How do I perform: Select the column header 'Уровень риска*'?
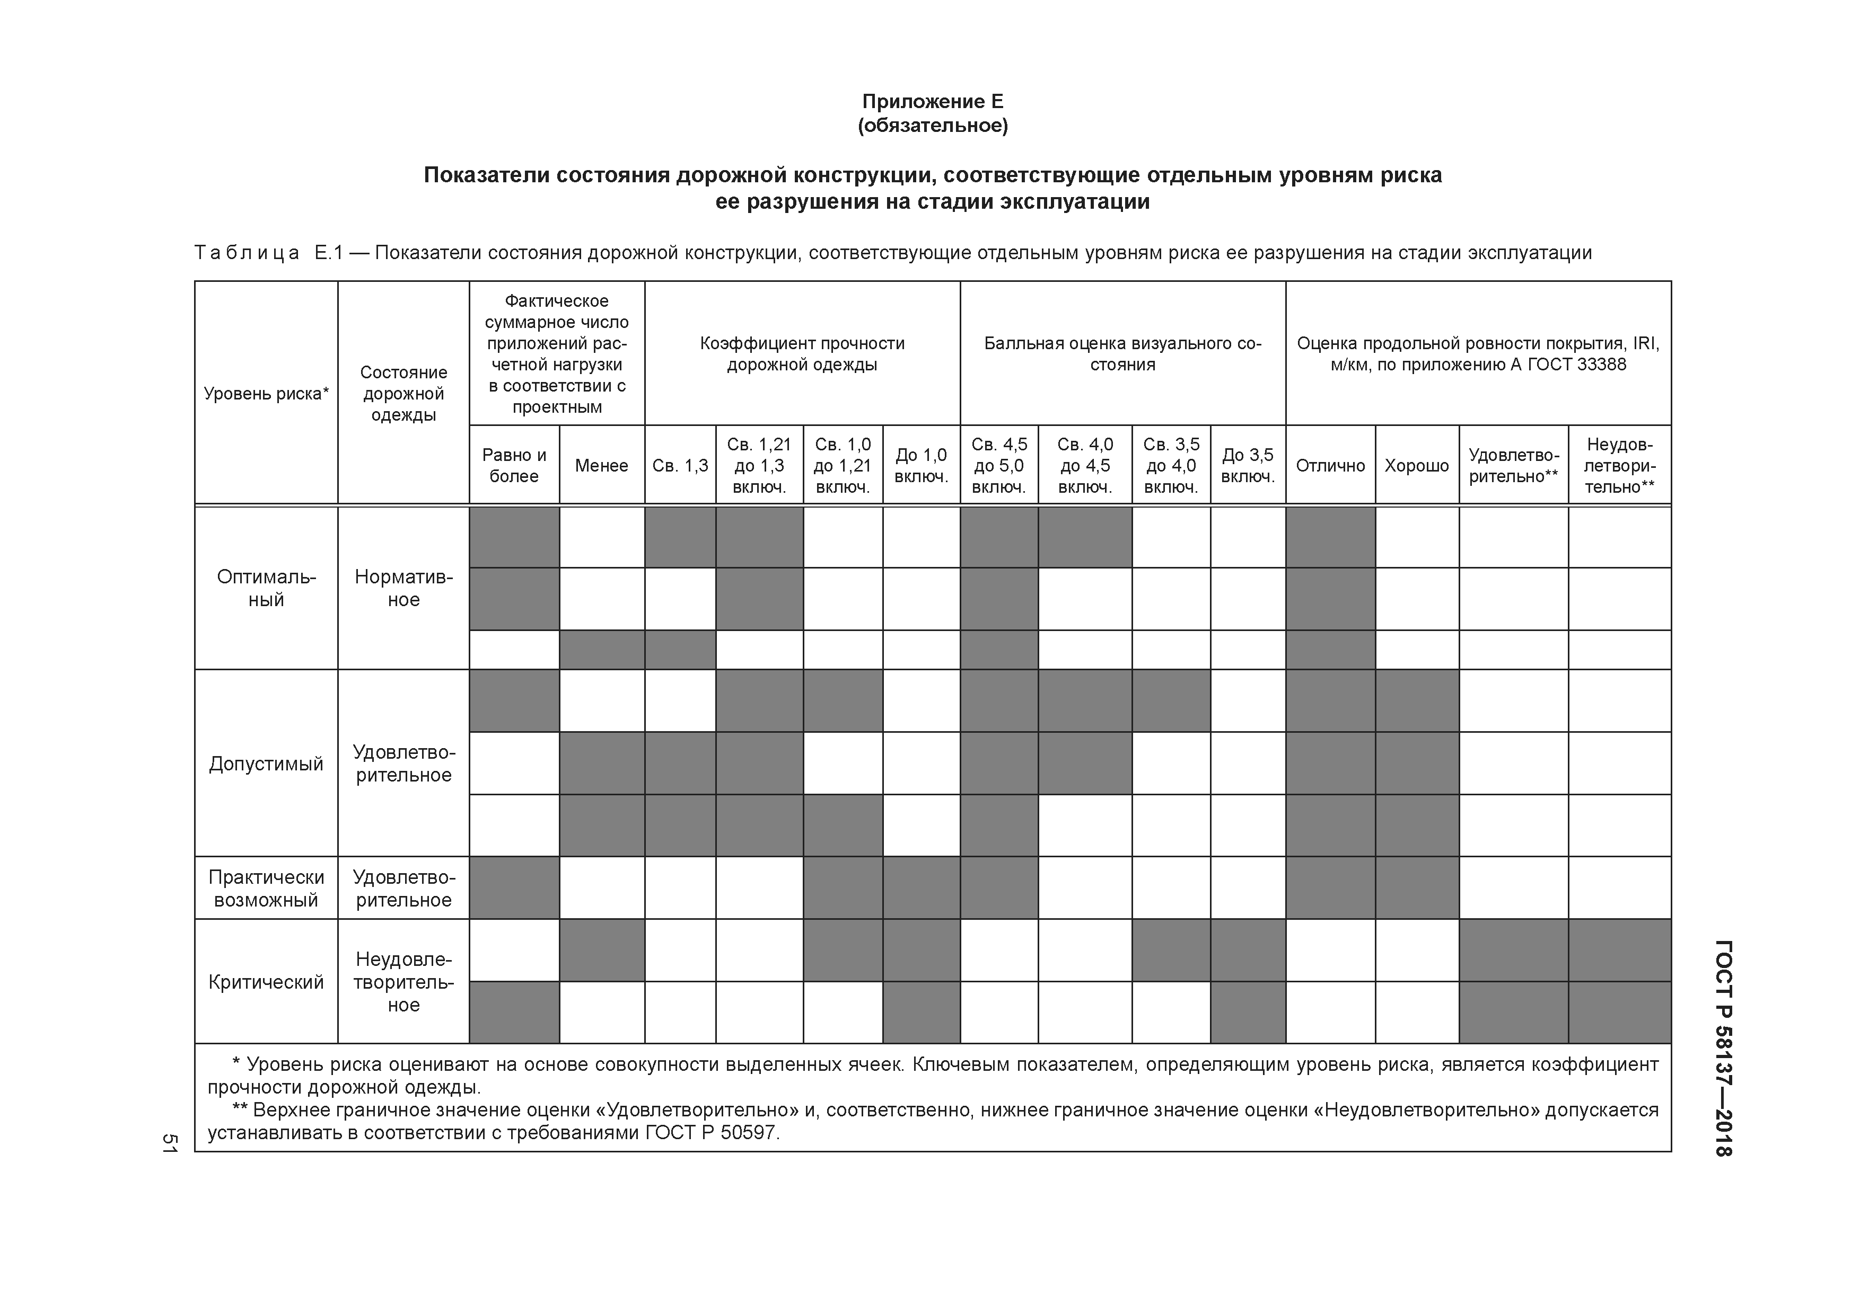click(x=266, y=394)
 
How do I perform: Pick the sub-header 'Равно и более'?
click(x=514, y=466)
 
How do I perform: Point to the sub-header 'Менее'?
click(x=601, y=466)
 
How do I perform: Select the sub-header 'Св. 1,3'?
click(x=680, y=466)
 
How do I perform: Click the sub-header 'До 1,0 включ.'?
click(x=920, y=466)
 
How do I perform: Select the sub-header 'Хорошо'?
click(x=1416, y=466)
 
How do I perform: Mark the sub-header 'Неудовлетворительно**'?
click(x=1619, y=466)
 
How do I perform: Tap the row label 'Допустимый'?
click(x=266, y=763)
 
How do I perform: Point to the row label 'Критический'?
click(x=266, y=982)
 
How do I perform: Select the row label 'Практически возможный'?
click(x=266, y=888)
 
